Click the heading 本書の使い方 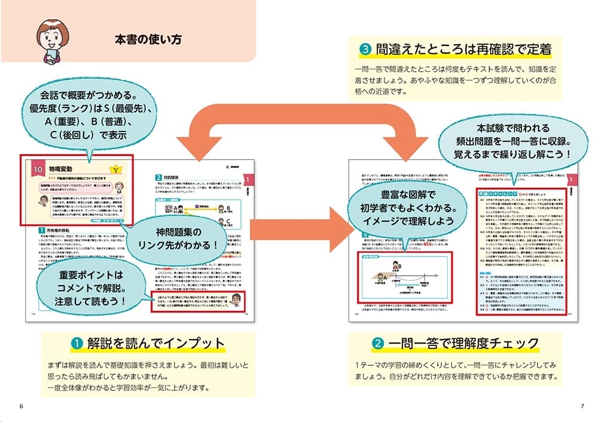click(148, 40)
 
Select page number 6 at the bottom click(22, 406)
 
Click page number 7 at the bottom click(582, 406)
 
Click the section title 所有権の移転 click(59, 230)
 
